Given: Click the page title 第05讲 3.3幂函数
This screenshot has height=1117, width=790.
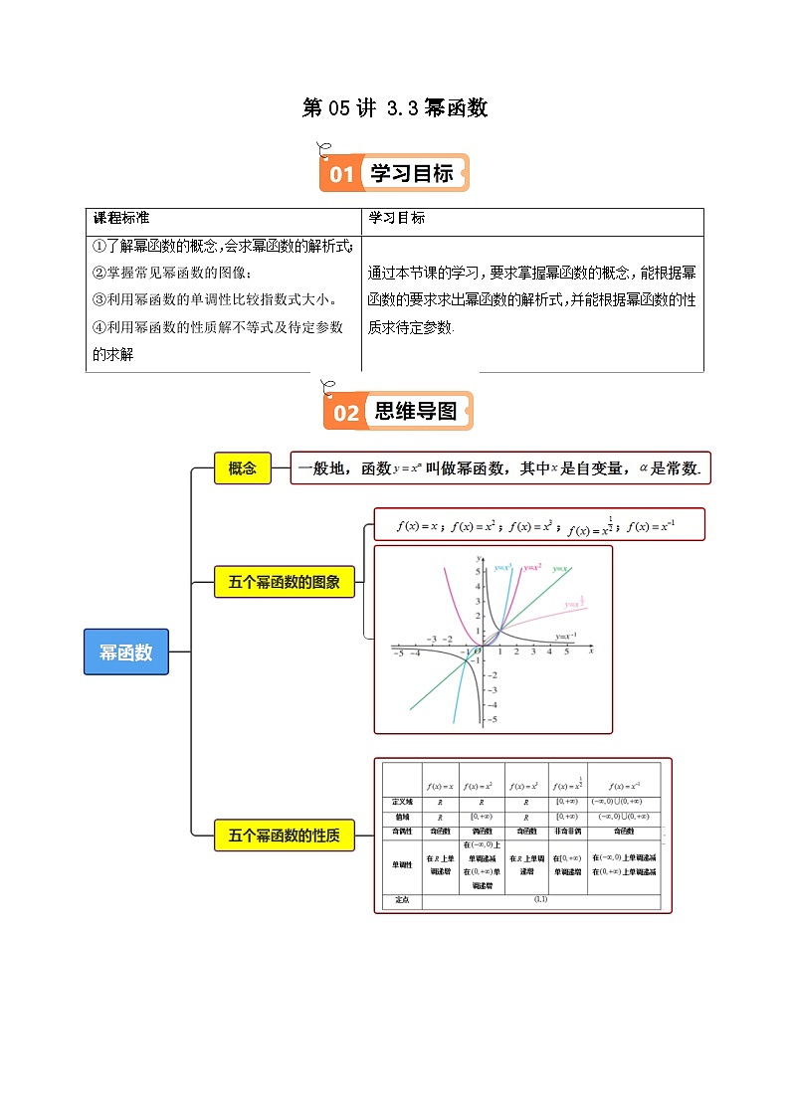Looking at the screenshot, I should click(395, 108).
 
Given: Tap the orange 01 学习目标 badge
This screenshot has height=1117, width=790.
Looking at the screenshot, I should click(394, 174).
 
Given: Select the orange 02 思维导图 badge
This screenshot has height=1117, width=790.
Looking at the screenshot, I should click(398, 412).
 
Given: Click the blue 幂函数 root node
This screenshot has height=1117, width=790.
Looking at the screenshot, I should click(125, 652).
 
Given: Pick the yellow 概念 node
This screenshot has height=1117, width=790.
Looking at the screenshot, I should click(243, 468).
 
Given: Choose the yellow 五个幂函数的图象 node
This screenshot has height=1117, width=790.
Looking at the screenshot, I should click(285, 583).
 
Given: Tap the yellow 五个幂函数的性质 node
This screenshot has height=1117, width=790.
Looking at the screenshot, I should click(285, 837).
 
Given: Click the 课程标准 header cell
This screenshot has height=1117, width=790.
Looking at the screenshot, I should click(121, 218).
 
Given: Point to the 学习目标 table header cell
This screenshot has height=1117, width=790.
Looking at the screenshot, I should click(397, 218).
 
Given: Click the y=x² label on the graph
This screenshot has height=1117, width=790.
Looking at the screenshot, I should click(532, 568).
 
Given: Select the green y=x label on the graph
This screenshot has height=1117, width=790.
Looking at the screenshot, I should click(560, 568).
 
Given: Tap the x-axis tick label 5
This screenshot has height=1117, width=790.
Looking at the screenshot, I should click(566, 653).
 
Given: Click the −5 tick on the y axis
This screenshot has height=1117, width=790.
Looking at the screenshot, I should click(491, 719).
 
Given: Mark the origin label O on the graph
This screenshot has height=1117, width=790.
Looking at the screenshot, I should click(478, 653).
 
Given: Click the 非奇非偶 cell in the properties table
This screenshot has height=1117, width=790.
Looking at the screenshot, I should click(567, 831).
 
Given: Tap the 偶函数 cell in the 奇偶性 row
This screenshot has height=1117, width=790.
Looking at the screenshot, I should click(482, 831).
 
